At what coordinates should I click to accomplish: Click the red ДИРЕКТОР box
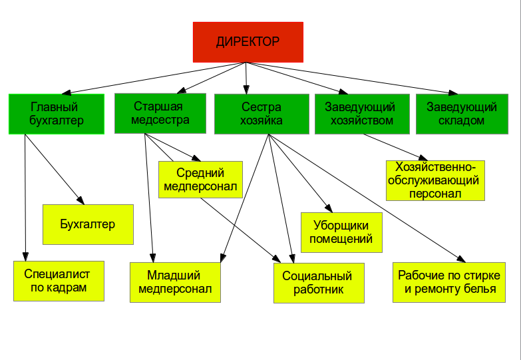[x=248, y=42]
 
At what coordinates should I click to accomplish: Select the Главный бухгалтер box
[x=56, y=114]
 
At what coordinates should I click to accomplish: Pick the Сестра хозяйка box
[x=261, y=114]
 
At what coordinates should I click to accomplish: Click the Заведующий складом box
[x=461, y=114]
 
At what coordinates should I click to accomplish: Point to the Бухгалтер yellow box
[x=88, y=224]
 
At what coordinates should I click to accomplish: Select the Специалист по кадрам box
[x=59, y=281]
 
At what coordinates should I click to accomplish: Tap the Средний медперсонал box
[x=200, y=180]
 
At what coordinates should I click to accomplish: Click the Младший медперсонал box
[x=174, y=282]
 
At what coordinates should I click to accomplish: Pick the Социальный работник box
[x=319, y=283]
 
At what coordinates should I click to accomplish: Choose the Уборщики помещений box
[x=342, y=232]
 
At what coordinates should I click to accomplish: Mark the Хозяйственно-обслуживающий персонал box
[x=435, y=180]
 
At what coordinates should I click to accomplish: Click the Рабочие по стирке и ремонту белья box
[x=449, y=283]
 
